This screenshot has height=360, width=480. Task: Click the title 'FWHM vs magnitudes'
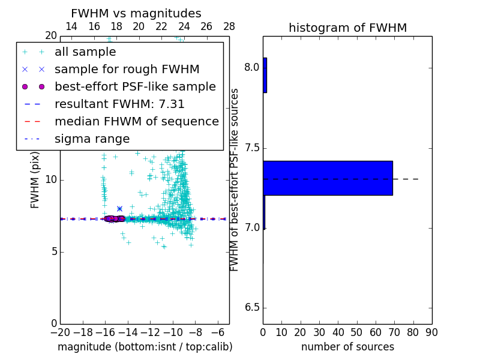point(136,14)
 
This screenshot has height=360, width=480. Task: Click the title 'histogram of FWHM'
point(347,28)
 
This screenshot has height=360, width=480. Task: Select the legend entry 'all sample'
point(85,52)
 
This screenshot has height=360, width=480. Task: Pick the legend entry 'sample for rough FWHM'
point(127,70)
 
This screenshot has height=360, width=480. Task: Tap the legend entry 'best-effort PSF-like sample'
point(135,87)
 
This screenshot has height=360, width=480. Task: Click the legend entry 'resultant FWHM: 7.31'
point(119,104)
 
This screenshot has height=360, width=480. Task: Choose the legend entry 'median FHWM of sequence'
point(136,122)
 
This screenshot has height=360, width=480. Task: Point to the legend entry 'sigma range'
point(92,139)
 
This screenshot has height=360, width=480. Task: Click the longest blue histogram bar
point(328,178)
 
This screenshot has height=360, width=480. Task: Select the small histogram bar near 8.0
point(265,75)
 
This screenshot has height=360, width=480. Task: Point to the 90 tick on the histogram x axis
point(431,332)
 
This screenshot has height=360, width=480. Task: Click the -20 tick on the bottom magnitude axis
point(60,332)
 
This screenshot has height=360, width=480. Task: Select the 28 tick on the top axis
point(229,26)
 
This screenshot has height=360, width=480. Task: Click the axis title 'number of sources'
point(347,347)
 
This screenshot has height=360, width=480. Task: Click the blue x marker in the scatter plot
point(119,209)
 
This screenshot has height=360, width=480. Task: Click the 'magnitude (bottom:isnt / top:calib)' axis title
point(145,347)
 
